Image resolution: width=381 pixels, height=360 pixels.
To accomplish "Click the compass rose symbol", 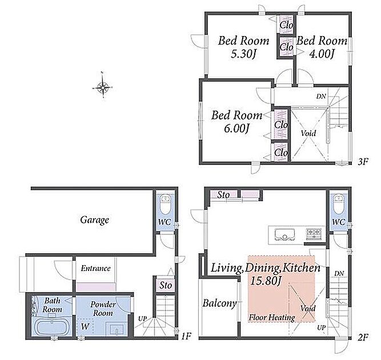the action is click(x=103, y=86).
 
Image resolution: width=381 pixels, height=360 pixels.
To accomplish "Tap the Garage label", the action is click(x=94, y=220).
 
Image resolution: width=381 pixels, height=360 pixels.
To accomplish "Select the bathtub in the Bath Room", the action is click(x=52, y=327).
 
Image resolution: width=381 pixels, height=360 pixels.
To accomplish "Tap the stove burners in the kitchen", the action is click(x=314, y=234).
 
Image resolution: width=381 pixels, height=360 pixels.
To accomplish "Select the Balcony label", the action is click(x=219, y=303).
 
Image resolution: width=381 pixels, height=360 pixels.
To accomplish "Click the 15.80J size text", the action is click(x=266, y=281).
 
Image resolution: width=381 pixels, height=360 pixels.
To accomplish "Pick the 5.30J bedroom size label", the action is click(x=243, y=54).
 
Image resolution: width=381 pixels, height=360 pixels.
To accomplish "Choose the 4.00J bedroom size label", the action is click(x=322, y=54).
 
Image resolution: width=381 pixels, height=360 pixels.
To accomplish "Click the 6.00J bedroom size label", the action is click(x=236, y=129).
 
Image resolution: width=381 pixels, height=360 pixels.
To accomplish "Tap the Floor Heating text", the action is click(x=272, y=318).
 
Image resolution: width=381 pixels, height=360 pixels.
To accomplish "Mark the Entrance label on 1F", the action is click(x=95, y=269).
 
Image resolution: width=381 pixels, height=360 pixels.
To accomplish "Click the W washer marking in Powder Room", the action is click(x=85, y=326).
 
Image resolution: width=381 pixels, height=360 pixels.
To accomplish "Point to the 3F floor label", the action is click(x=363, y=161).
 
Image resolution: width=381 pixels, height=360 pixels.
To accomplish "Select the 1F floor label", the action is click(x=186, y=337).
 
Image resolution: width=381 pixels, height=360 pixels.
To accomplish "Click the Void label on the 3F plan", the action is click(x=308, y=133).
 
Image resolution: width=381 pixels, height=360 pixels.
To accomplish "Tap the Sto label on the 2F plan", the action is click(x=223, y=195).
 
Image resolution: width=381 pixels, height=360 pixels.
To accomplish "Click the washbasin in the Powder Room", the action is click(x=117, y=330).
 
